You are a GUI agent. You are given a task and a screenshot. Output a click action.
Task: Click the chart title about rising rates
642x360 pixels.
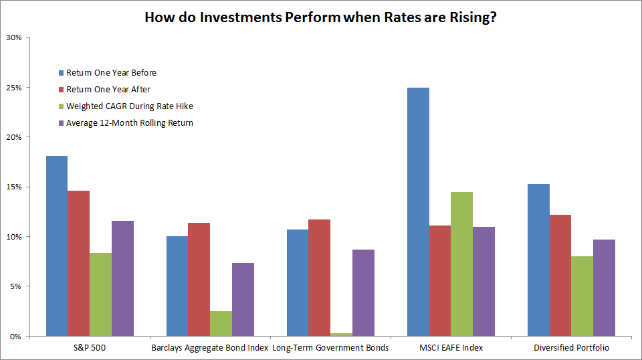[320, 17]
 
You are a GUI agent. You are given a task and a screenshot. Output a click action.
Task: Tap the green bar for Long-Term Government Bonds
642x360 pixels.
[342, 334]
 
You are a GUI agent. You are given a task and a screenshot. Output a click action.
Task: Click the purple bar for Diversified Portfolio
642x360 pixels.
[604, 288]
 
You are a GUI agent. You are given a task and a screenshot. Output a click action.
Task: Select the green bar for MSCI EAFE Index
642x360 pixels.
[461, 264]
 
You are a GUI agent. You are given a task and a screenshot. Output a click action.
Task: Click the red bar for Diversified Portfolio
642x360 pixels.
[560, 275]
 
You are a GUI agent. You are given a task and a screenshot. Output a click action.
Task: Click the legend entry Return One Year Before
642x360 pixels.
[111, 72]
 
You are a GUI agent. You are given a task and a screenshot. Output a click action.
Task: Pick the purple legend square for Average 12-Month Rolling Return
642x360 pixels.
[60, 122]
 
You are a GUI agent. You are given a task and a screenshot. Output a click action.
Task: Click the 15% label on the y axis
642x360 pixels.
[15, 187]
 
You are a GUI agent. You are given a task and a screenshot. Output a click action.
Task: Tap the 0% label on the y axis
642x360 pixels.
[17, 336]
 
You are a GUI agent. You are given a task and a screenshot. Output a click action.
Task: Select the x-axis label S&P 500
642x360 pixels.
[89, 347]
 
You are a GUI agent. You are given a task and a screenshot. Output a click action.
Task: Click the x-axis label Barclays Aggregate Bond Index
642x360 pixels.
[209, 347]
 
